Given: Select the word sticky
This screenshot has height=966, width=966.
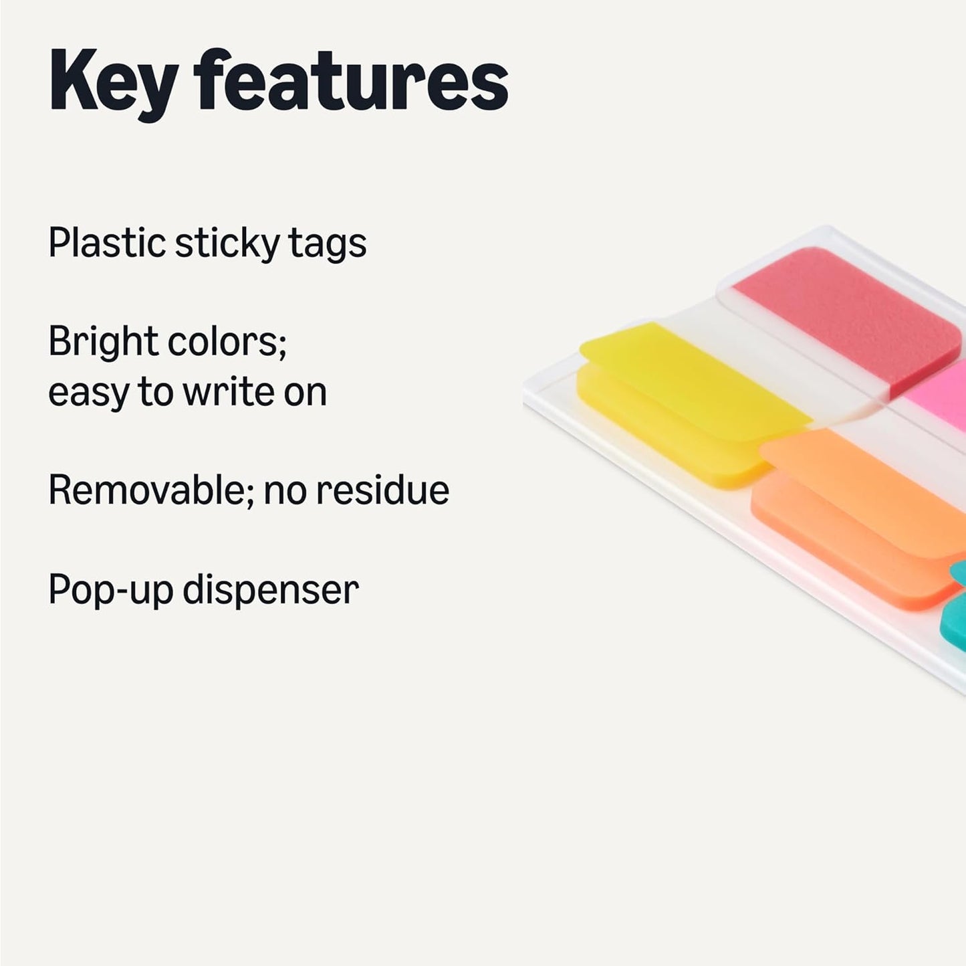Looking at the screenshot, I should (x=227, y=244).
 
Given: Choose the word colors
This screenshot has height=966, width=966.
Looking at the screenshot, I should (x=227, y=343).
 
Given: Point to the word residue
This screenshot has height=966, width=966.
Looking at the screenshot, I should (x=382, y=490).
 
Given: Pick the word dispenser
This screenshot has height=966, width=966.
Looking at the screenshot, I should (x=271, y=591).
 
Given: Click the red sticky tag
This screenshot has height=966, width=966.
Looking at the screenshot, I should (x=849, y=314).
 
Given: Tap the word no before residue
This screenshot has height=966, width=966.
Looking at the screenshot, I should (x=287, y=490).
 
